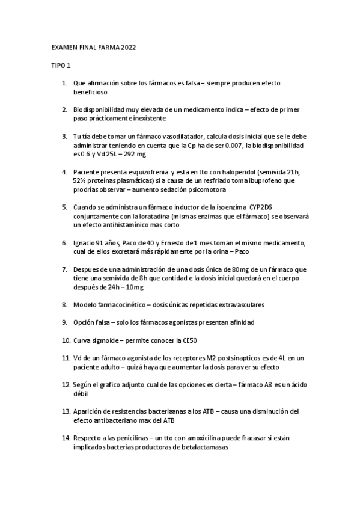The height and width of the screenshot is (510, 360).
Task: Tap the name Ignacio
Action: coord(85,243)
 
